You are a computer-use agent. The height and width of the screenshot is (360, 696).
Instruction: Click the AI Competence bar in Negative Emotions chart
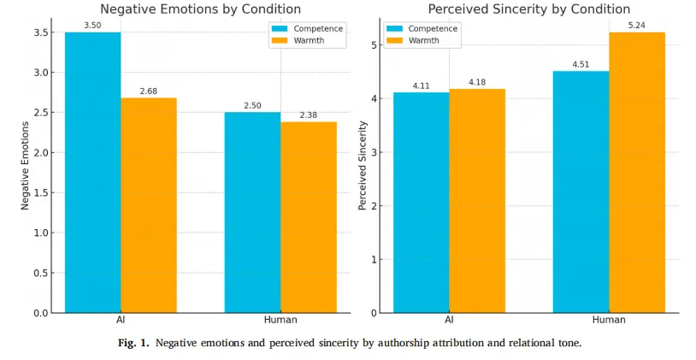(x=92, y=172)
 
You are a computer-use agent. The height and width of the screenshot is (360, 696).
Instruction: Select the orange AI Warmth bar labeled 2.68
(x=149, y=205)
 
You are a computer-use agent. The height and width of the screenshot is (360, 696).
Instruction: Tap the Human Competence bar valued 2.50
(x=252, y=212)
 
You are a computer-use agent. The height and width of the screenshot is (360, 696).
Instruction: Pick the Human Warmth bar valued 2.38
(x=309, y=217)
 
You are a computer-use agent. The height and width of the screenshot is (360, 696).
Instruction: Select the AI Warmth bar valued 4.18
(x=477, y=201)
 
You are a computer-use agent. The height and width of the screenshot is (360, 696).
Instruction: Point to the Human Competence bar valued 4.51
(x=581, y=192)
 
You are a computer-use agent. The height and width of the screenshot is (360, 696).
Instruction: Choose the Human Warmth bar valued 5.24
(x=637, y=172)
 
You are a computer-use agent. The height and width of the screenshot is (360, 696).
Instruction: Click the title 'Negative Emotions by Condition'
(x=200, y=9)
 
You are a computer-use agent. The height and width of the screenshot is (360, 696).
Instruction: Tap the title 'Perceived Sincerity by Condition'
(x=528, y=9)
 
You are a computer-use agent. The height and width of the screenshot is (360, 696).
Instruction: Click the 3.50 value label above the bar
(x=92, y=26)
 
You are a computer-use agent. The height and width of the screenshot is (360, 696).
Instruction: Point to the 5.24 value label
(x=637, y=26)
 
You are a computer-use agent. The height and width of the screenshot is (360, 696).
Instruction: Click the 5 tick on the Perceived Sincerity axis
(x=375, y=45)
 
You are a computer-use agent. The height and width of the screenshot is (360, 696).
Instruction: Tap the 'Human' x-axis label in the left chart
(x=280, y=320)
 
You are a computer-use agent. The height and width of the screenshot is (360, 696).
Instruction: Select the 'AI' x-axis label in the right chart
(x=449, y=320)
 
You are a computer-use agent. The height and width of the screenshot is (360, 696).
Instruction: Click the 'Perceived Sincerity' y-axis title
(x=363, y=168)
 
